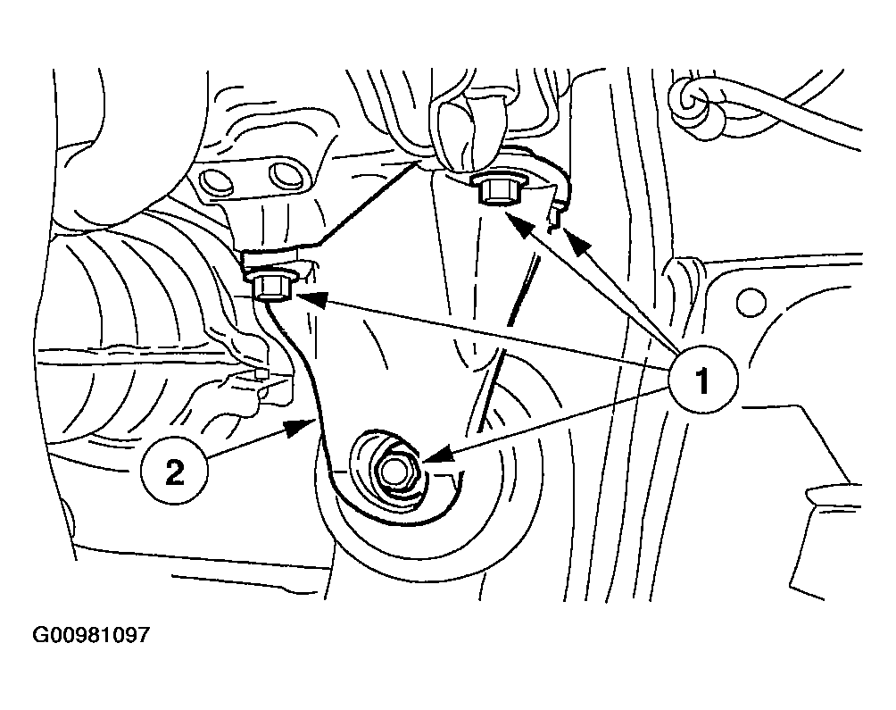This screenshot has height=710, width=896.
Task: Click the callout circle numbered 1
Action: coord(703,380)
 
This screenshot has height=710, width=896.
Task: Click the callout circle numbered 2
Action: coord(174,472)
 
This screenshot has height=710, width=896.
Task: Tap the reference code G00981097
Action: coord(91,635)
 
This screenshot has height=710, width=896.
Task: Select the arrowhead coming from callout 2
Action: coord(300,427)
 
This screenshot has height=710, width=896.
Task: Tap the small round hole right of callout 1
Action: coord(751,302)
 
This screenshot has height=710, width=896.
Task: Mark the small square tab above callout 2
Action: coord(261,373)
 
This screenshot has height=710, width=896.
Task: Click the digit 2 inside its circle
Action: coord(174,472)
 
